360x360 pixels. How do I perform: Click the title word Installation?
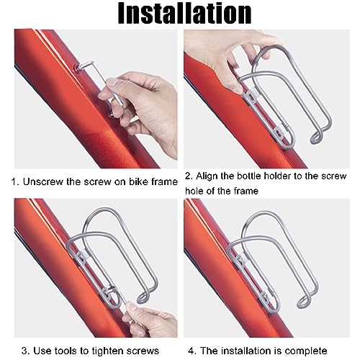click(179, 14)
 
